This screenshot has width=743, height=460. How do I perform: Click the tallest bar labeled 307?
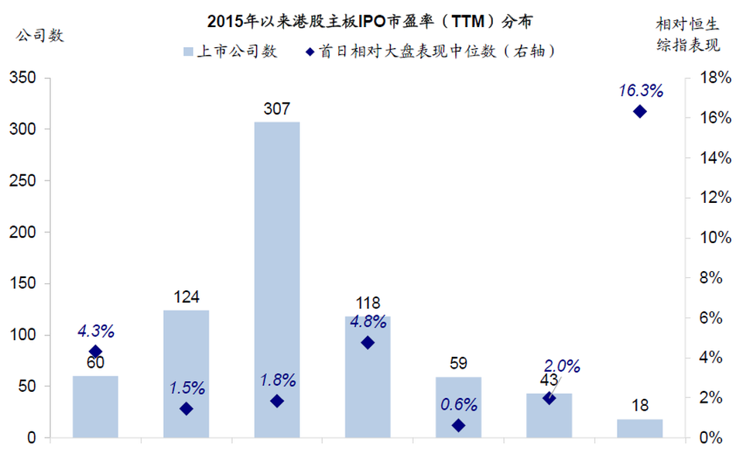(277, 279)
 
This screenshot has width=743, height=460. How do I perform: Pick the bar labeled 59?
(458, 407)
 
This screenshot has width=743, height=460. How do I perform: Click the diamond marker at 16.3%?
(640, 112)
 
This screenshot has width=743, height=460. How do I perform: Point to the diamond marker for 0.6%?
(458, 425)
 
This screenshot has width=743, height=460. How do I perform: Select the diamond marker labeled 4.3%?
(96, 352)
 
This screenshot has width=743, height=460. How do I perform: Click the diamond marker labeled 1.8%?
(277, 401)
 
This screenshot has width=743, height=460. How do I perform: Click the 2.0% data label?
(562, 366)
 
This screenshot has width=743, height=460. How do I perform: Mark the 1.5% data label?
(187, 386)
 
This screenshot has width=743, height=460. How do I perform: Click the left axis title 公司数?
(39, 35)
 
